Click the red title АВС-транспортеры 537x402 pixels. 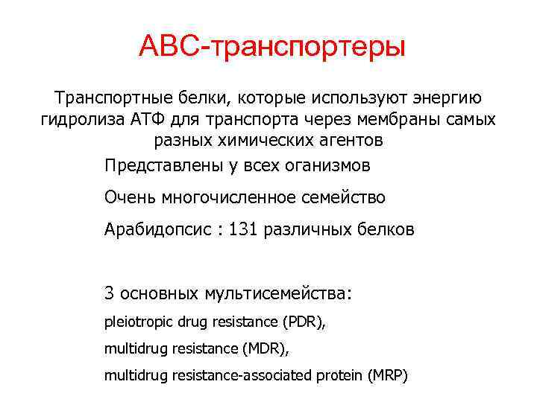[x=272, y=47]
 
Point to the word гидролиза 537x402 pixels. [x=78, y=120]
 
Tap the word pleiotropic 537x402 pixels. [x=136, y=322]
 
